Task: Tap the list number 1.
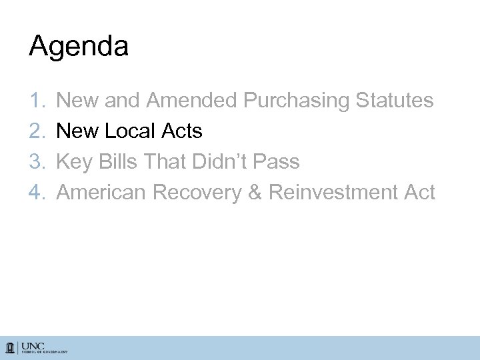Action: pyautogui.click(x=37, y=101)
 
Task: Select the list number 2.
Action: pyautogui.click(x=37, y=131)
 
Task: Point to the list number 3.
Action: pyautogui.click(x=37, y=162)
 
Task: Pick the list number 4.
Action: pyautogui.click(x=37, y=193)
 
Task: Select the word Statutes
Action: pyautogui.click(x=395, y=101)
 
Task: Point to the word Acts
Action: pyautogui.click(x=181, y=131)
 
